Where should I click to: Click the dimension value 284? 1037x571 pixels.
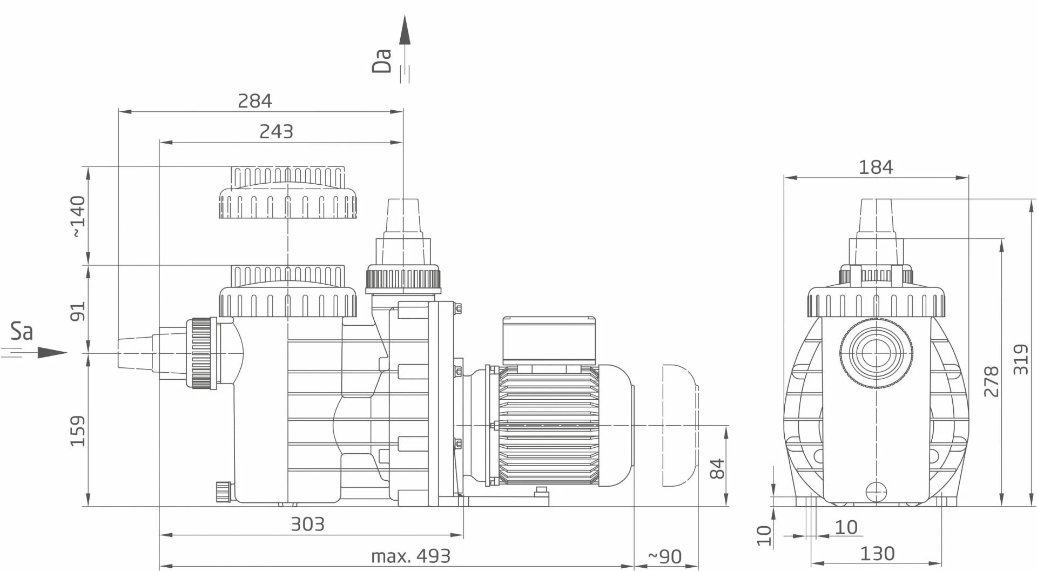point(255,101)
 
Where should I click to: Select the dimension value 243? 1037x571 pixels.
point(276,131)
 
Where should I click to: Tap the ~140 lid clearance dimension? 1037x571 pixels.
point(78,216)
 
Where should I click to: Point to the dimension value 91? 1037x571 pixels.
point(78,312)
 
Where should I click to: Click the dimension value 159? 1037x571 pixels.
point(78,431)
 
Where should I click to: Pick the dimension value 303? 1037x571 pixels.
point(307,524)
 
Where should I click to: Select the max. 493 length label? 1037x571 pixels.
point(410,556)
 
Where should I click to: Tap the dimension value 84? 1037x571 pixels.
point(717,468)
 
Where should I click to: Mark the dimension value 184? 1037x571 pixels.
point(876,167)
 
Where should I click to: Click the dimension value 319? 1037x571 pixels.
point(1021,359)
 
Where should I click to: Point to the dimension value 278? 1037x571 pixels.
point(992,381)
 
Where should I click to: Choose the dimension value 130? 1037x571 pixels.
point(877,554)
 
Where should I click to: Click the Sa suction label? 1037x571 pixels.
point(22,332)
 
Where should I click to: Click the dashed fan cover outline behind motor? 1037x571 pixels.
point(679,426)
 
